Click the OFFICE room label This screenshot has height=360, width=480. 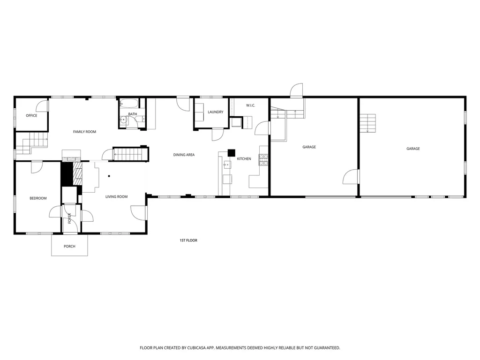[x=31, y=116]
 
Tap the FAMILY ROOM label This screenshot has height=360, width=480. [x=84, y=132]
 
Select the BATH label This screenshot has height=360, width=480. [x=133, y=114]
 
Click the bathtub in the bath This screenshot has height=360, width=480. [x=128, y=104]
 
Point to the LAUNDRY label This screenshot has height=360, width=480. [x=216, y=112]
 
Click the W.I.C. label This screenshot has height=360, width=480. [x=250, y=105]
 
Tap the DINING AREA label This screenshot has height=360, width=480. [x=184, y=155]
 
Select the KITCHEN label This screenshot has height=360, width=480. [x=244, y=159]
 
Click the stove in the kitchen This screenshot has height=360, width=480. [x=263, y=160]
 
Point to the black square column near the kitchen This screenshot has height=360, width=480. [x=232, y=152]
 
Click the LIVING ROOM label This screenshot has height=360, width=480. [x=116, y=197]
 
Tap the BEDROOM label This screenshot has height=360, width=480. [x=38, y=198]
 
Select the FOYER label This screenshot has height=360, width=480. [x=69, y=218]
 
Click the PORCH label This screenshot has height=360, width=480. [x=69, y=247]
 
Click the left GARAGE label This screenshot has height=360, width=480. [x=309, y=147]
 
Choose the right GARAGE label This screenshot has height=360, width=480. [x=413, y=149]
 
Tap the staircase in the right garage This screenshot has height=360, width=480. [x=368, y=123]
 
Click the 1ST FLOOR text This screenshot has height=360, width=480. [x=188, y=240]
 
